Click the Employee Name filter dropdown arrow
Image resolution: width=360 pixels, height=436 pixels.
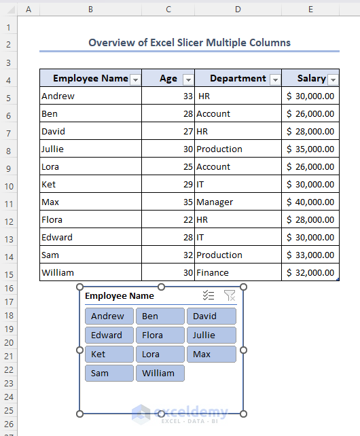tap(135, 79)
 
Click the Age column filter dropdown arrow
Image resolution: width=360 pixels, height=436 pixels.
tap(187, 79)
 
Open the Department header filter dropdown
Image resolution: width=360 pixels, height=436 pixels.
tap(274, 79)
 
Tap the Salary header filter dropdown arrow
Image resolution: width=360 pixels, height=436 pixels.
tap(333, 79)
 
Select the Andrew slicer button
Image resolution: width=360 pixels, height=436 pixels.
tap(109, 316)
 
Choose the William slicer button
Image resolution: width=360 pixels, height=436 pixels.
tap(160, 373)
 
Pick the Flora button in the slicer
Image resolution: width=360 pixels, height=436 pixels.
tap(160, 335)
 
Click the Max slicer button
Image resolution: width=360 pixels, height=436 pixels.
tap(211, 354)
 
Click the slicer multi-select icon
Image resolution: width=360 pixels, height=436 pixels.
tap(209, 295)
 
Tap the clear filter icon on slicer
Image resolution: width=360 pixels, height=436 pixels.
tap(230, 295)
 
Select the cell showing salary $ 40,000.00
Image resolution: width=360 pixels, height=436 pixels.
tap(310, 202)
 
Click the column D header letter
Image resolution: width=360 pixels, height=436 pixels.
tap(238, 10)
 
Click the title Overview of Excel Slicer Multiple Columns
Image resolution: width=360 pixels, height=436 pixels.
tap(190, 42)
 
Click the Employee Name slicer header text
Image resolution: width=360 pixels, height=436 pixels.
tap(120, 295)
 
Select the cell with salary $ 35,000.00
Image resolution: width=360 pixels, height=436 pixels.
tap(310, 149)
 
